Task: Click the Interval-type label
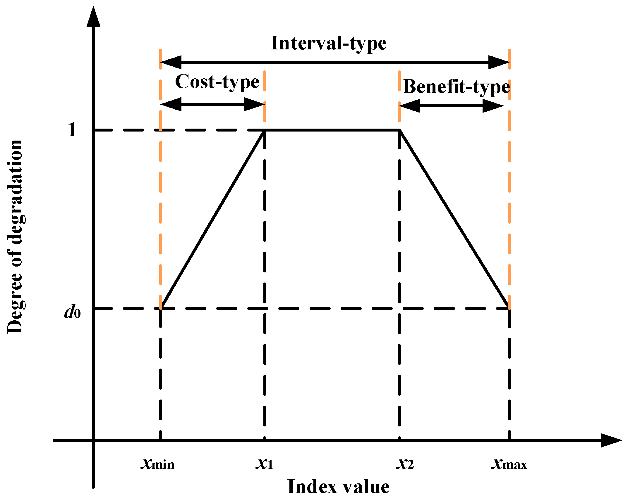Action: [x=329, y=43]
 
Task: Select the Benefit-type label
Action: [x=456, y=87]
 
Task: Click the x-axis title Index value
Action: [x=338, y=487]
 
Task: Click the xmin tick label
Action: [x=158, y=464]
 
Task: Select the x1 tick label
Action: [x=264, y=464]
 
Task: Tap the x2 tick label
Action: [x=405, y=464]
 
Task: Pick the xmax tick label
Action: [x=509, y=464]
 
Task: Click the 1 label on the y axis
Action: [x=72, y=129]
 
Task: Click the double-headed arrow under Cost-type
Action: [x=213, y=104]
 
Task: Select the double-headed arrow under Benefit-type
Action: [x=451, y=106]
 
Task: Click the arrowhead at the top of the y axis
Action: [x=93, y=18]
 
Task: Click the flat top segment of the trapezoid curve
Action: [x=332, y=130]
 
